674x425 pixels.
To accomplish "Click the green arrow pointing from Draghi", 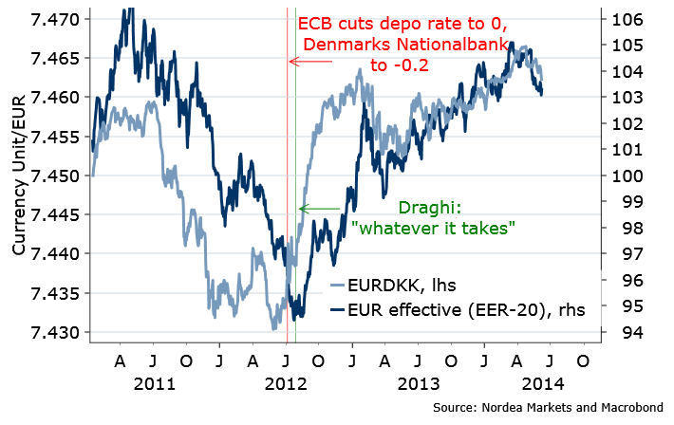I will click(319, 209).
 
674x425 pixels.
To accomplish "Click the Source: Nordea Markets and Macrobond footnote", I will click(549, 407).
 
